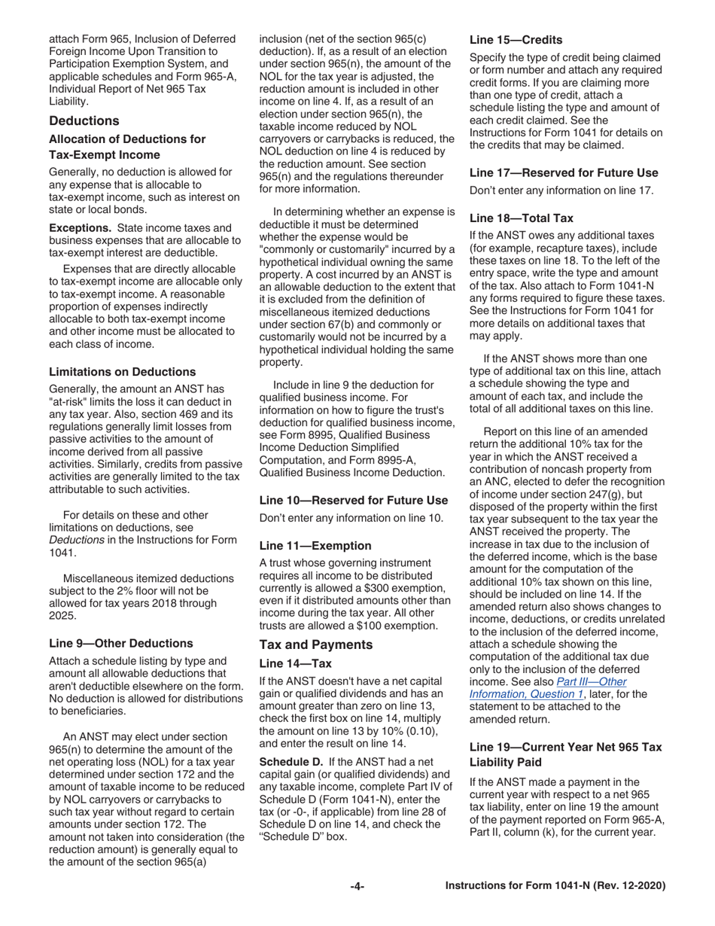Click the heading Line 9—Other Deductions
pos(120,643)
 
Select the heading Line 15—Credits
pos(516,39)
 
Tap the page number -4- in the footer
pos(357,886)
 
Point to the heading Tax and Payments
pos(315,644)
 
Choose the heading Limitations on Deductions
pos(122,372)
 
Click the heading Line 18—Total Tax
pos(521,218)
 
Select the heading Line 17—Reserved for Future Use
pos(564,172)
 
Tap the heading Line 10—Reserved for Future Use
pos(353,500)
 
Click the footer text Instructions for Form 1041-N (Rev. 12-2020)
pos(555,886)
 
